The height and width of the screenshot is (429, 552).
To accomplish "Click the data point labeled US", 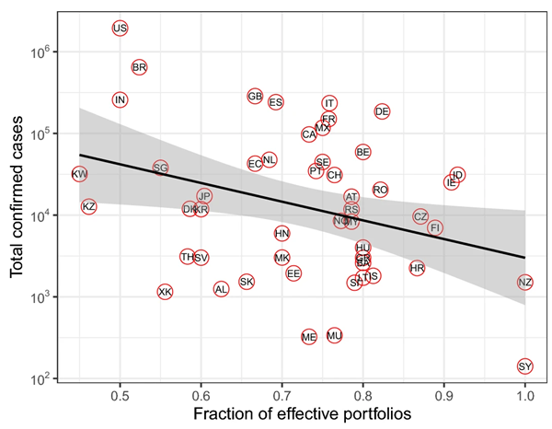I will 120,29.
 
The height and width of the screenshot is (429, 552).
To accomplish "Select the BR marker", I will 140,67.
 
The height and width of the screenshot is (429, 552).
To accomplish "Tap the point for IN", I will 120,99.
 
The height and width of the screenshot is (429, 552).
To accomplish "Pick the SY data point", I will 525,366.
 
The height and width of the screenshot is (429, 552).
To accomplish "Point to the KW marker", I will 80,174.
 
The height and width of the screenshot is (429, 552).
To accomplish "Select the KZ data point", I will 89,207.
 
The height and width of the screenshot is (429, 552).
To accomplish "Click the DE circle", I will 383,111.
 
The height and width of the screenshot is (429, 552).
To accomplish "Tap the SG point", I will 161,168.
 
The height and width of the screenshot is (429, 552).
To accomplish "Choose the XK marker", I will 165,293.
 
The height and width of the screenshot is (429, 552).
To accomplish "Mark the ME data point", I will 309,337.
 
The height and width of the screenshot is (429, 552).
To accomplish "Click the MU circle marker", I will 335,336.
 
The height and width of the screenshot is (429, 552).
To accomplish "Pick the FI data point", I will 435,227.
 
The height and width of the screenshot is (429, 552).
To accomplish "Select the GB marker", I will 256,97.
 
